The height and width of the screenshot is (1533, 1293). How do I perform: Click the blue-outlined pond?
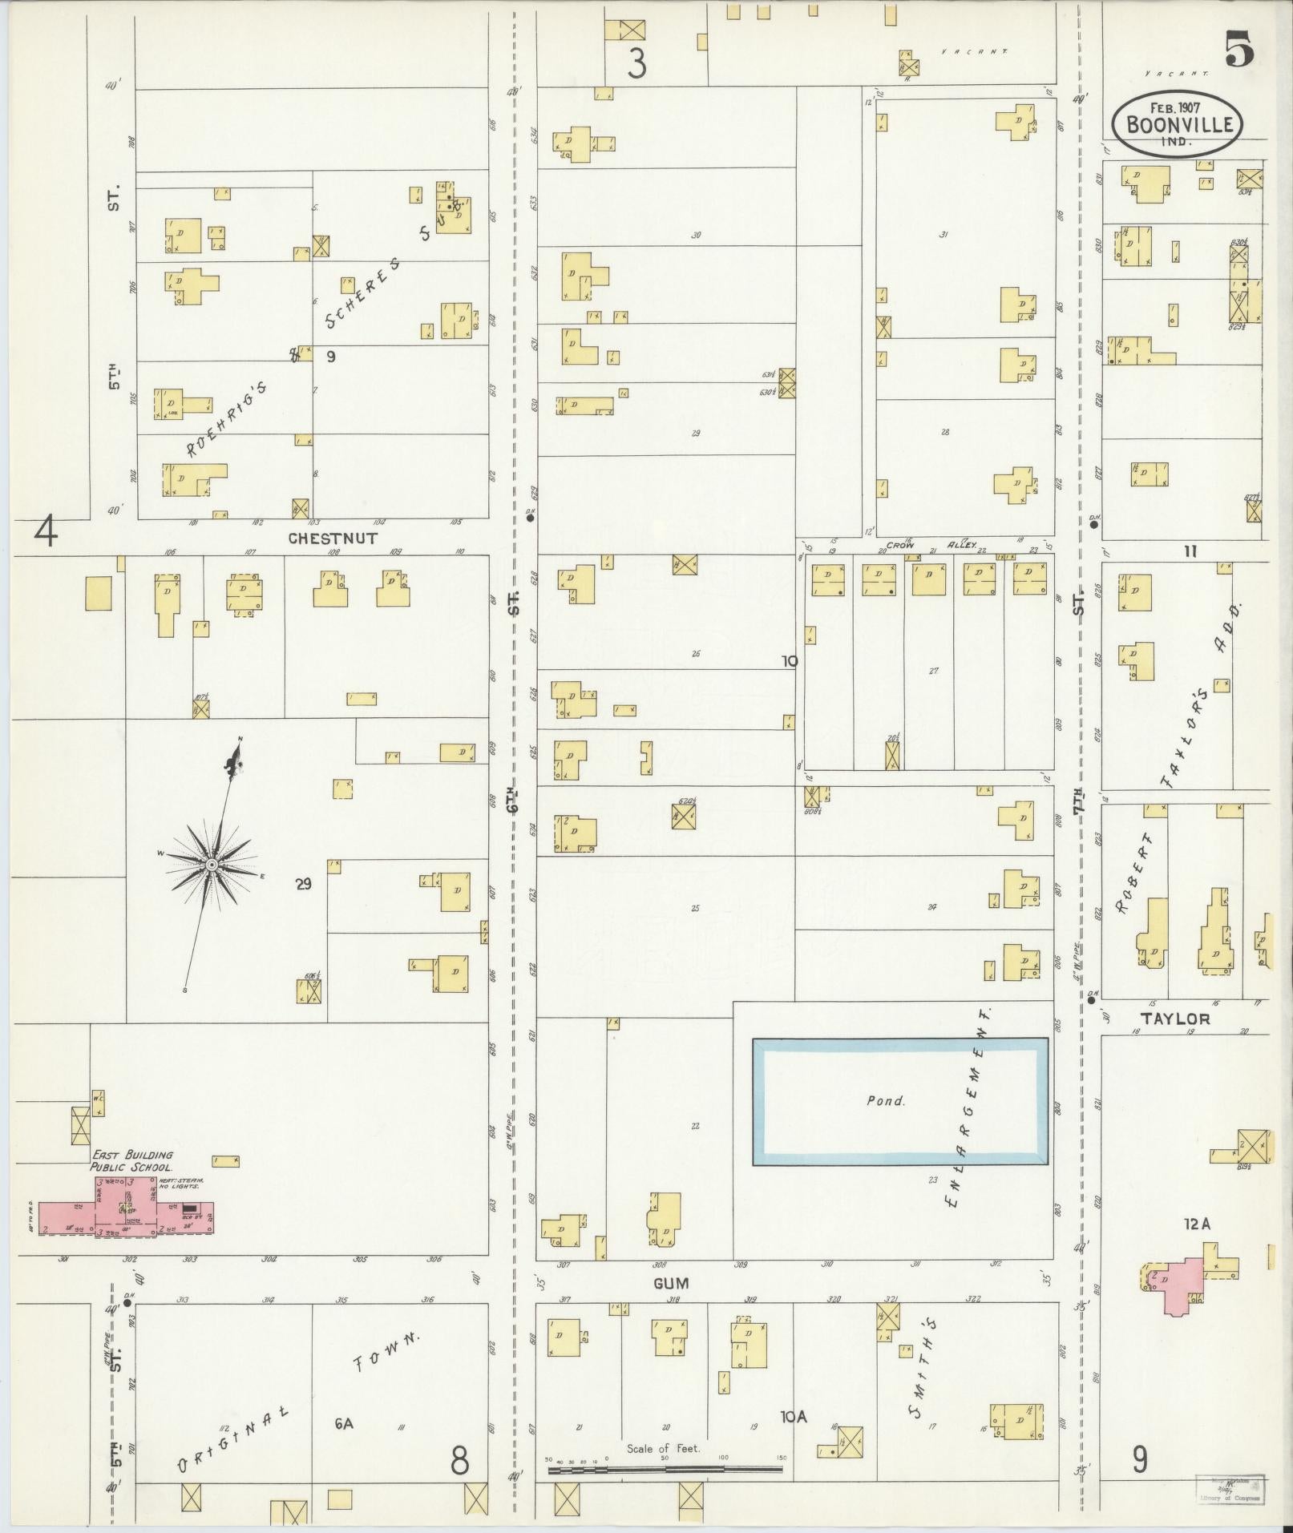pos(899,1101)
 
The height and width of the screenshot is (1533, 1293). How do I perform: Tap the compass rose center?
pos(211,865)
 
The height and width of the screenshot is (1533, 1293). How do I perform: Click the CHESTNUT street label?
pos(332,539)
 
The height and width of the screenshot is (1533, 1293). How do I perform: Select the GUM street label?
pos(670,1283)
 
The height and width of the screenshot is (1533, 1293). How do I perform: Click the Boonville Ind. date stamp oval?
pos(1176,125)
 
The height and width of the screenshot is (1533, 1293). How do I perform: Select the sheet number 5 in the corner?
pos(1238,53)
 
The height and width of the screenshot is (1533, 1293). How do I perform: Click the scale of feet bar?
pos(665,1470)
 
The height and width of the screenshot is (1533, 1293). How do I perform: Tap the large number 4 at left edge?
pos(46,531)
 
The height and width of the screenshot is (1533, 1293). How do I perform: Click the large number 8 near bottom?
pos(459,1460)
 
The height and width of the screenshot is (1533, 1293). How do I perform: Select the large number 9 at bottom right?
pos(1139,1460)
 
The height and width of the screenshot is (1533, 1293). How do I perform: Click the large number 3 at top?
pos(636,64)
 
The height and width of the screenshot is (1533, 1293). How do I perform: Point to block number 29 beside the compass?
pos(303,885)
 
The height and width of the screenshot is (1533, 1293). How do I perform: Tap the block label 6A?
pos(344,1422)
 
